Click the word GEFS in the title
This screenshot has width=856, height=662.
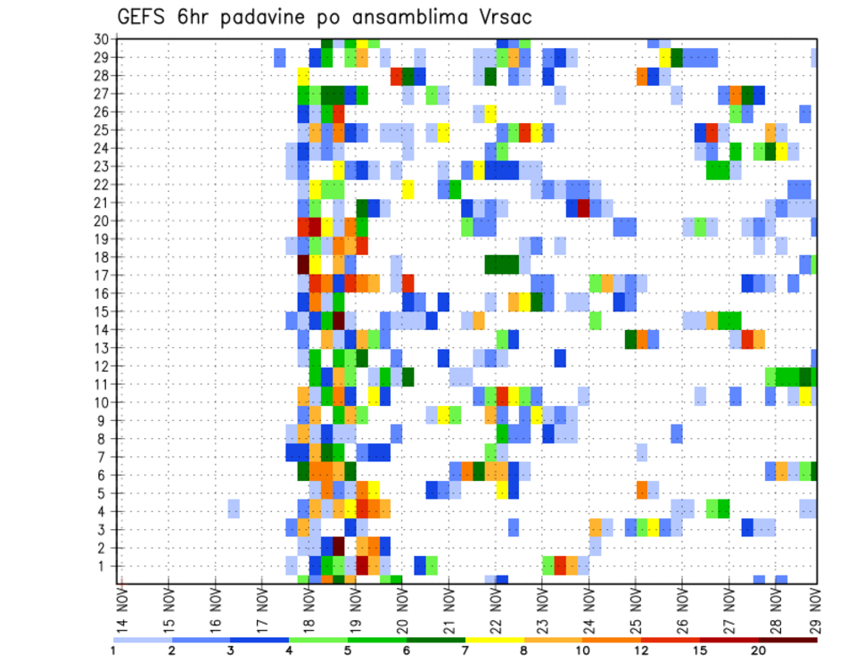pos(141,18)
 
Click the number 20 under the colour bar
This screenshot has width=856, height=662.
pos(760,650)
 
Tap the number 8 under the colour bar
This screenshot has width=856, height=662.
pos(524,650)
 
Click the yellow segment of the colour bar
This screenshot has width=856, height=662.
pos(495,640)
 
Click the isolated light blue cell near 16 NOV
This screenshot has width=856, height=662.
pos(234,508)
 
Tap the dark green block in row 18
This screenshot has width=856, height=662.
pos(502,264)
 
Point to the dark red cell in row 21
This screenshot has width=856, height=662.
pos(583,208)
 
